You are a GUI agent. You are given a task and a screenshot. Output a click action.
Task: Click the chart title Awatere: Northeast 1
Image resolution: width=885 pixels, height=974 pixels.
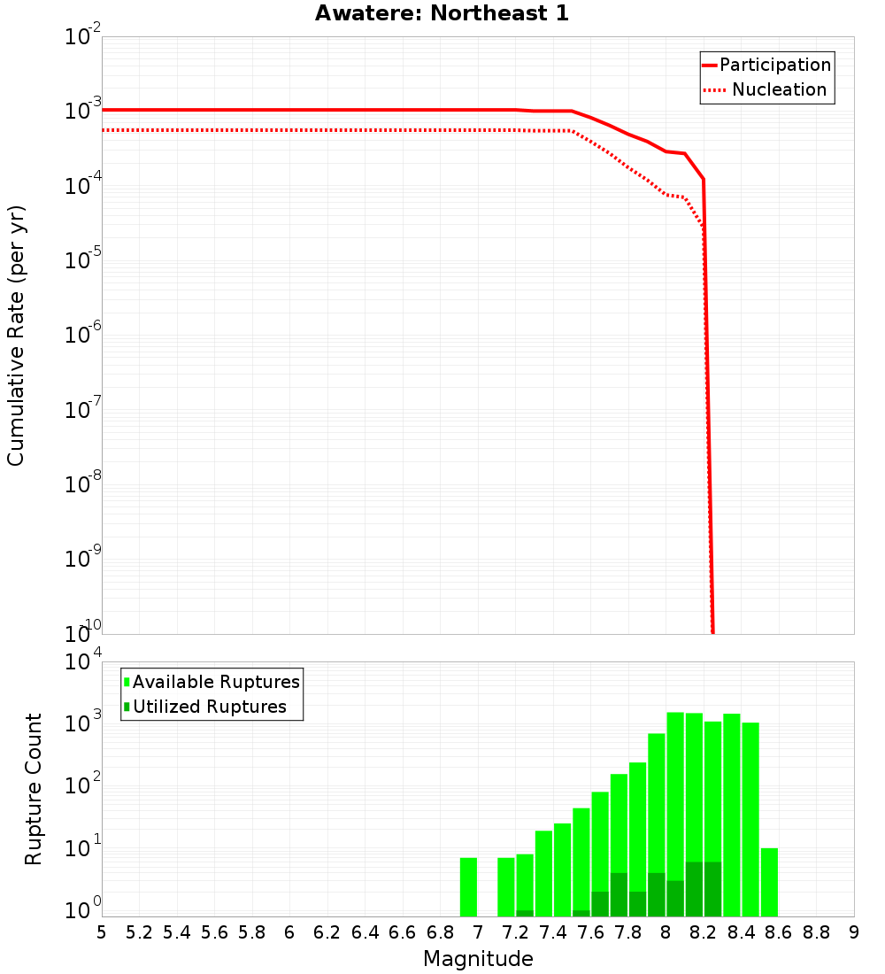pos(442,13)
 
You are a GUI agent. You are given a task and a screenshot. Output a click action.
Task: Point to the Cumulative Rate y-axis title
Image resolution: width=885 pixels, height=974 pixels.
pos(16,335)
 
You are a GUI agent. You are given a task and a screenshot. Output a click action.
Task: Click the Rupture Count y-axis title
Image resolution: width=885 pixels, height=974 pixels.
pos(34,788)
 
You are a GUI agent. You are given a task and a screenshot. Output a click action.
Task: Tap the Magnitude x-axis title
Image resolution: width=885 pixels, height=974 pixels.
pos(478,959)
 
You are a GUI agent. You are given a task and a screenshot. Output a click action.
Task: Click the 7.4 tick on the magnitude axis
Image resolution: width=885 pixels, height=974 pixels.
pos(553,931)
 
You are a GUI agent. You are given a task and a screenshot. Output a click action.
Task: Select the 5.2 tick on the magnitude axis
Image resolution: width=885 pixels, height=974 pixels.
pos(140,931)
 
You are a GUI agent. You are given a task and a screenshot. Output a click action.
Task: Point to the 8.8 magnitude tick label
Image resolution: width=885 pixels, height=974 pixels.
pos(816,931)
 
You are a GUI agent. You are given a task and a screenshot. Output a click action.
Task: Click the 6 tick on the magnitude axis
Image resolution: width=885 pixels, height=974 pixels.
pos(289,931)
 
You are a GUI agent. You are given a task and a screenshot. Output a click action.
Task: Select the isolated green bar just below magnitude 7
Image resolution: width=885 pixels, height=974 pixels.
pos(468,886)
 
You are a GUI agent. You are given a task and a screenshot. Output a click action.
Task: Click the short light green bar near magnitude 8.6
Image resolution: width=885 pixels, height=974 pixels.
pos(769,882)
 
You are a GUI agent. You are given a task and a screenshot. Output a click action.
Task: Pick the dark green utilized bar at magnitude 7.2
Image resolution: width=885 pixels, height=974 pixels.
pos(525,913)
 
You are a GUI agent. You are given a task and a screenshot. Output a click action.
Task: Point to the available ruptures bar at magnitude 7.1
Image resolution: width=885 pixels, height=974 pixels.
pos(506,886)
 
